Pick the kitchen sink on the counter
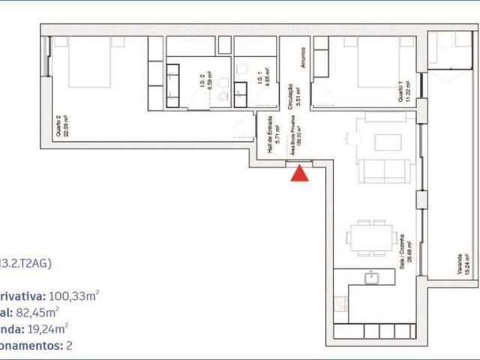tap(370, 278)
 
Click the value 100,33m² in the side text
tap(75, 296)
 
